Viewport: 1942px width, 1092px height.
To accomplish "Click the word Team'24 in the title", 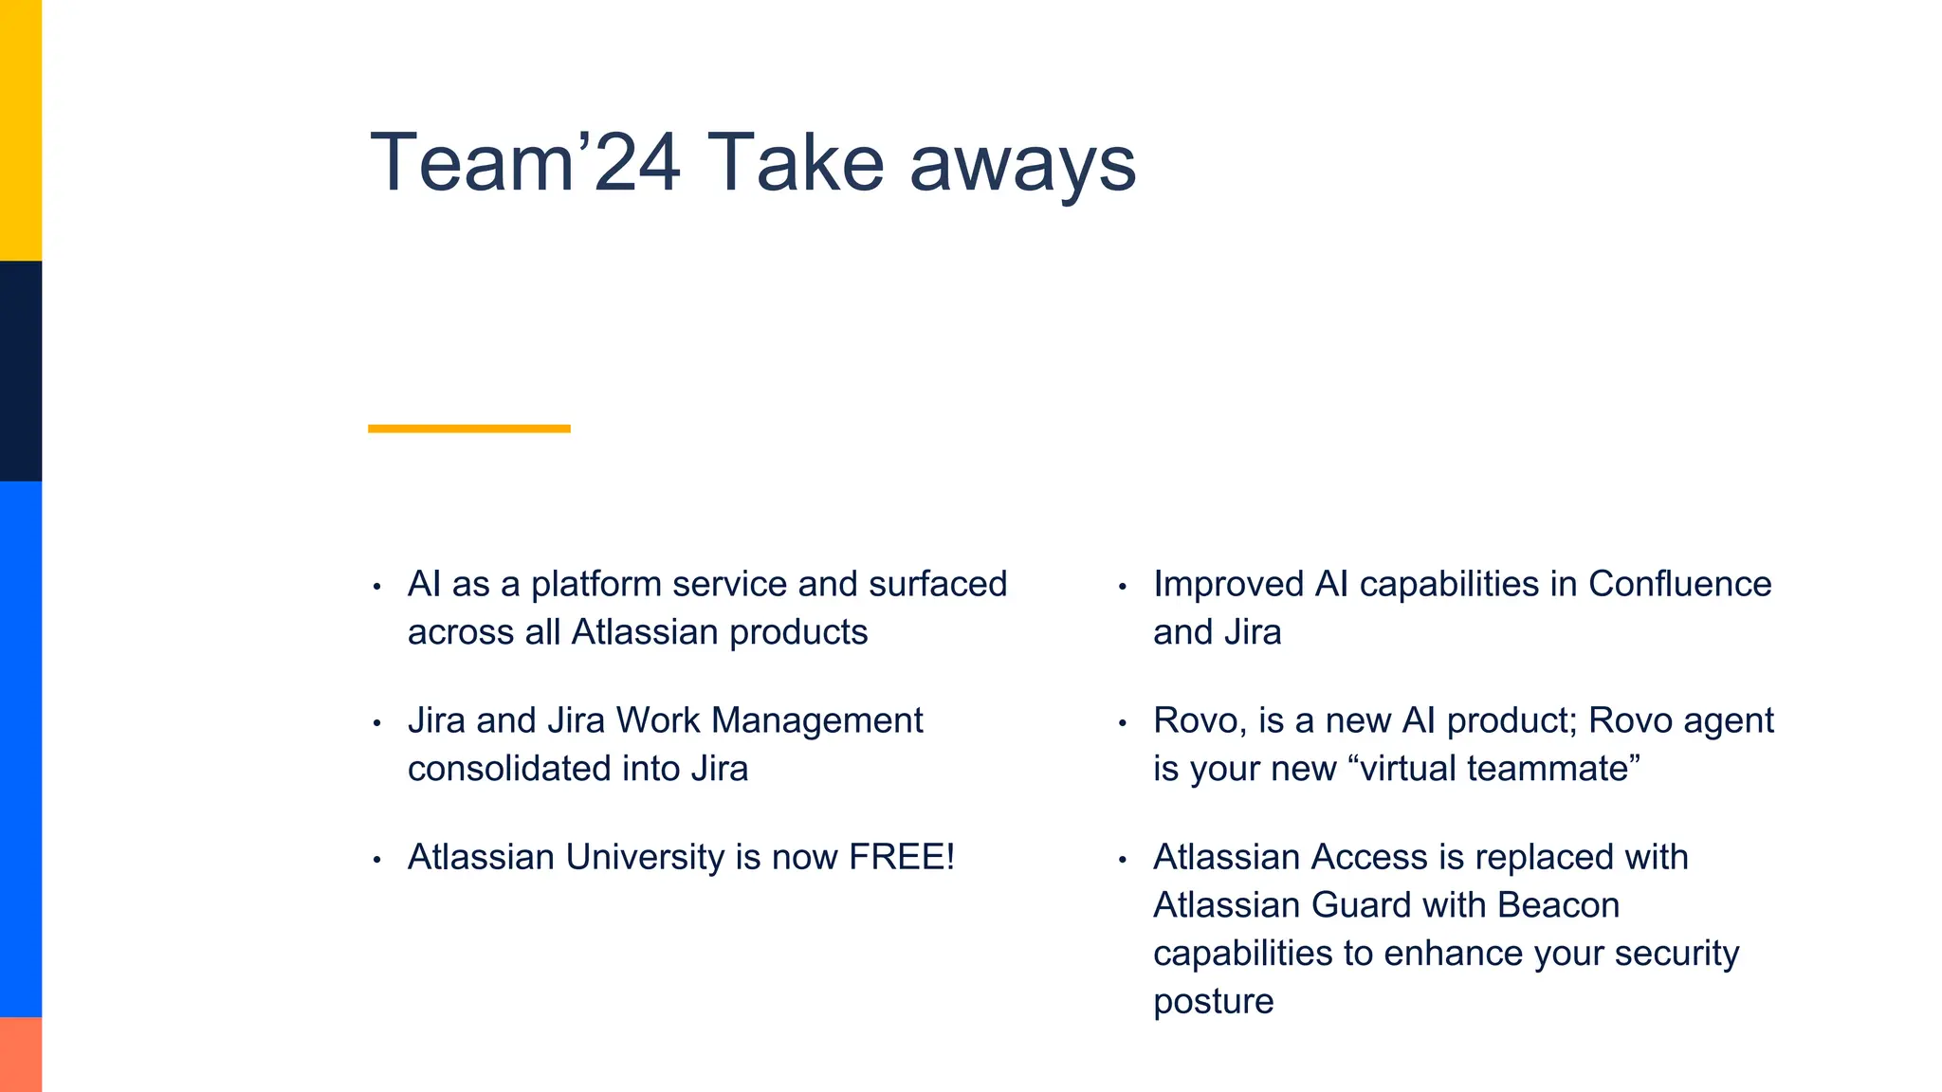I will (524, 163).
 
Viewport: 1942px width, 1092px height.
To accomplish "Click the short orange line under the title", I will (468, 428).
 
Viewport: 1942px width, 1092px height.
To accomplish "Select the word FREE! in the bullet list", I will (901, 857).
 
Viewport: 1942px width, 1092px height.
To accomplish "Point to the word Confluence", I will (1679, 584).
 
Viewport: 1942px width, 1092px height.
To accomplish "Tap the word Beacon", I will (1558, 905).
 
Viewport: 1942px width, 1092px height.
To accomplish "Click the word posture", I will (1213, 1002).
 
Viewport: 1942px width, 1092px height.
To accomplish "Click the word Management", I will (816, 720).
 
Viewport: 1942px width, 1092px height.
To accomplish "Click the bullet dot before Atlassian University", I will (376, 860).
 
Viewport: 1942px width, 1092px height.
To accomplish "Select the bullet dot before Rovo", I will (1122, 723).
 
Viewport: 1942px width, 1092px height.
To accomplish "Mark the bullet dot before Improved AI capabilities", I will (1122, 587).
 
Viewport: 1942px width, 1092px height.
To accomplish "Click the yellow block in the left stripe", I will (21, 130).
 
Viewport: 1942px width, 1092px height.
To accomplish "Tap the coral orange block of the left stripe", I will (21, 1054).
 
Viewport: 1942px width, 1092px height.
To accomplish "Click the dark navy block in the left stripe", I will (21, 371).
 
